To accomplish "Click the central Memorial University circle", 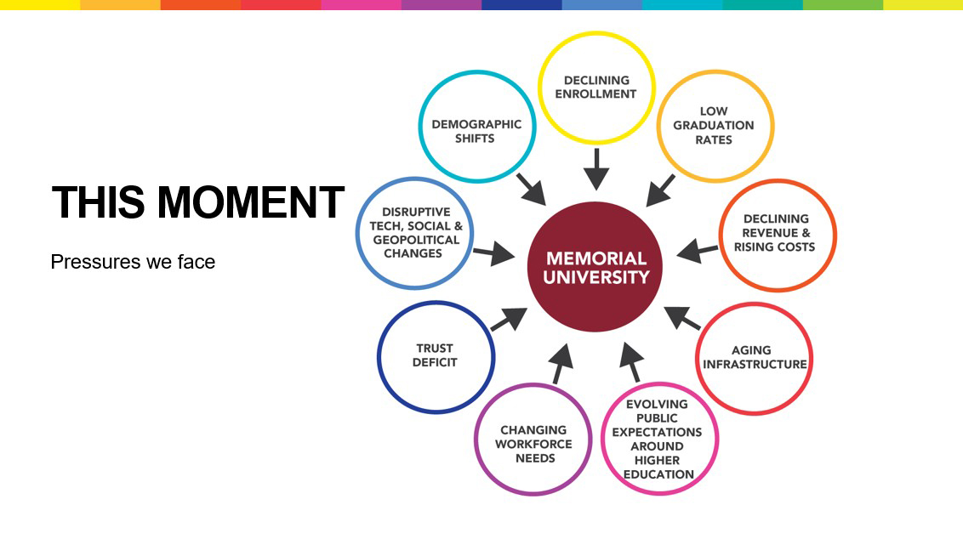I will pos(595,267).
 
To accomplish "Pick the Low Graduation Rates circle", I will pos(714,125).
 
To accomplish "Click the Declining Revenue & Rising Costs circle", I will pos(778,234).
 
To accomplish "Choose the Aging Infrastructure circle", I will pos(754,357).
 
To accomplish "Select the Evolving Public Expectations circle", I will pos(658,439).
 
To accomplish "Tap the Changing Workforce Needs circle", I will pos(533,442).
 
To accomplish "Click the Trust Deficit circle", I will pos(435,355).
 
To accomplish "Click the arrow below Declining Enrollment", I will pos(596,168).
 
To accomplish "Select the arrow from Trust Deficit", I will pos(509,319).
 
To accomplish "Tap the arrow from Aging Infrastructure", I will pos(682,318).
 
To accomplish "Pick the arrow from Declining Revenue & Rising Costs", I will pos(698,251).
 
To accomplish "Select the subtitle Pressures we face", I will pos(133,262).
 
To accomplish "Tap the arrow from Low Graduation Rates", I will pos(661,190).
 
